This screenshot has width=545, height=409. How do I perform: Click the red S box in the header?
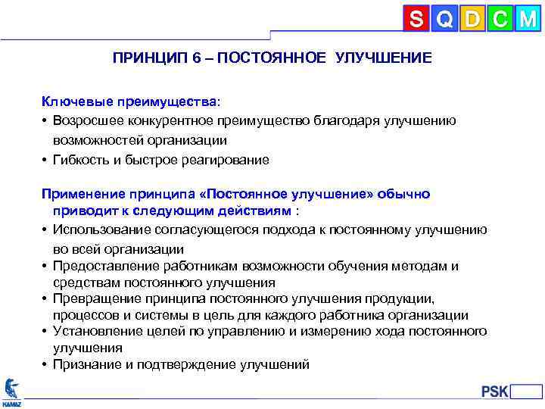coord(416,19)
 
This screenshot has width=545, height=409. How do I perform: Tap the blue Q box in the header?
coord(444,19)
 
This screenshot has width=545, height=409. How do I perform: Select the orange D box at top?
coord(472,19)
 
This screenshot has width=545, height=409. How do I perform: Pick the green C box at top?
coord(499,19)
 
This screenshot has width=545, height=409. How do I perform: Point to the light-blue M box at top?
coord(527,19)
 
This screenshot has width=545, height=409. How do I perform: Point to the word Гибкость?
coord(80,160)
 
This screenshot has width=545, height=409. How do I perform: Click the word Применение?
coord(79,194)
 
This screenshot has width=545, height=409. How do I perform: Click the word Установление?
coord(93,332)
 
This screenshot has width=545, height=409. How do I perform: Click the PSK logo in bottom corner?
coord(497,392)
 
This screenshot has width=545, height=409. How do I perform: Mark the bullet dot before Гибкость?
coord(45,161)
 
